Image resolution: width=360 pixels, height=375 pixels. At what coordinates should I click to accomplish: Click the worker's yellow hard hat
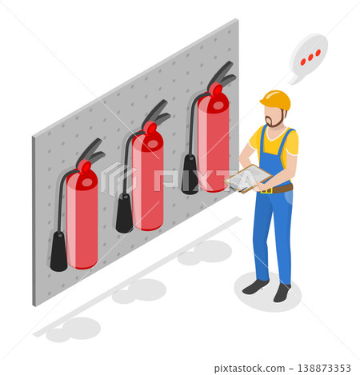point(275,99)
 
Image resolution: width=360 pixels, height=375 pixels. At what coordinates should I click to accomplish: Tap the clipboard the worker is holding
point(248,178)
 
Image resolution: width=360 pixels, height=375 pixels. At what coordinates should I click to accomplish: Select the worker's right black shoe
point(282,293)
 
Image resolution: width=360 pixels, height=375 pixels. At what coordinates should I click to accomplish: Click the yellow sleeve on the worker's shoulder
point(292,143)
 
